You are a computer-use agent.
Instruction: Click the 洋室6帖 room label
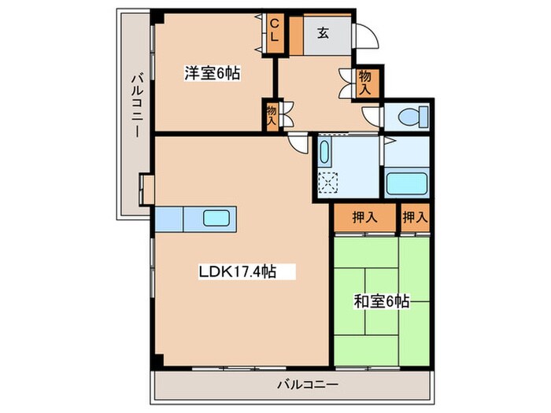pos(213,73)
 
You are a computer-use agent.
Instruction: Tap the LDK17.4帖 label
pos(238,271)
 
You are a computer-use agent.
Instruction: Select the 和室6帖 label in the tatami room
pos(381,301)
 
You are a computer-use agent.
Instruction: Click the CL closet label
pos(275,31)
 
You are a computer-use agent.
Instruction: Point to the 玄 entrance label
pos(324,33)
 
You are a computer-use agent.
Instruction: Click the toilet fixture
pos(413,116)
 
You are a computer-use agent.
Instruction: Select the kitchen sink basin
pos(216,218)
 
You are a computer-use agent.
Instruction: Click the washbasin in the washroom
pos(324,151)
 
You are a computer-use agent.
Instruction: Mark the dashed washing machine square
pos(327,183)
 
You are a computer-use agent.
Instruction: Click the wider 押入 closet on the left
pos(364,218)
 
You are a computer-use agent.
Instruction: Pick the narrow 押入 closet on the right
pos(416,218)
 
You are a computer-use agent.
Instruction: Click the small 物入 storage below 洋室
pos(272,115)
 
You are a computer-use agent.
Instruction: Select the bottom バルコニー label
pos(308,385)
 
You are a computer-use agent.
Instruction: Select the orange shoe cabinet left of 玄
pos(296,36)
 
